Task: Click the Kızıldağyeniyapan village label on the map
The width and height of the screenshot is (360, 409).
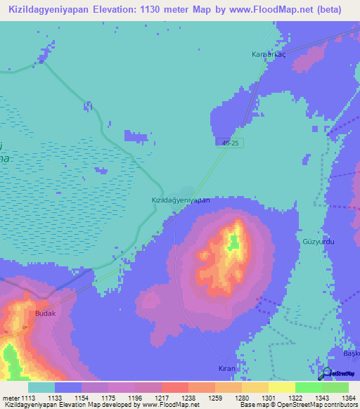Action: pyautogui.click(x=181, y=200)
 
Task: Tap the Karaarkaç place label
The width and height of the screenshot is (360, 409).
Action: pyautogui.click(x=269, y=54)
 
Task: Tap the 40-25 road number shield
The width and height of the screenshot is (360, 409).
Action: pyautogui.click(x=225, y=142)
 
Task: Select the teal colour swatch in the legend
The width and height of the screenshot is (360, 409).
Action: pyautogui.click(x=41, y=387)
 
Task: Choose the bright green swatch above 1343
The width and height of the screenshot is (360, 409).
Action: pyautogui.click(x=308, y=387)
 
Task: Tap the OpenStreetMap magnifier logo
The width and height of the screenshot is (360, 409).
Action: pyautogui.click(x=326, y=373)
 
